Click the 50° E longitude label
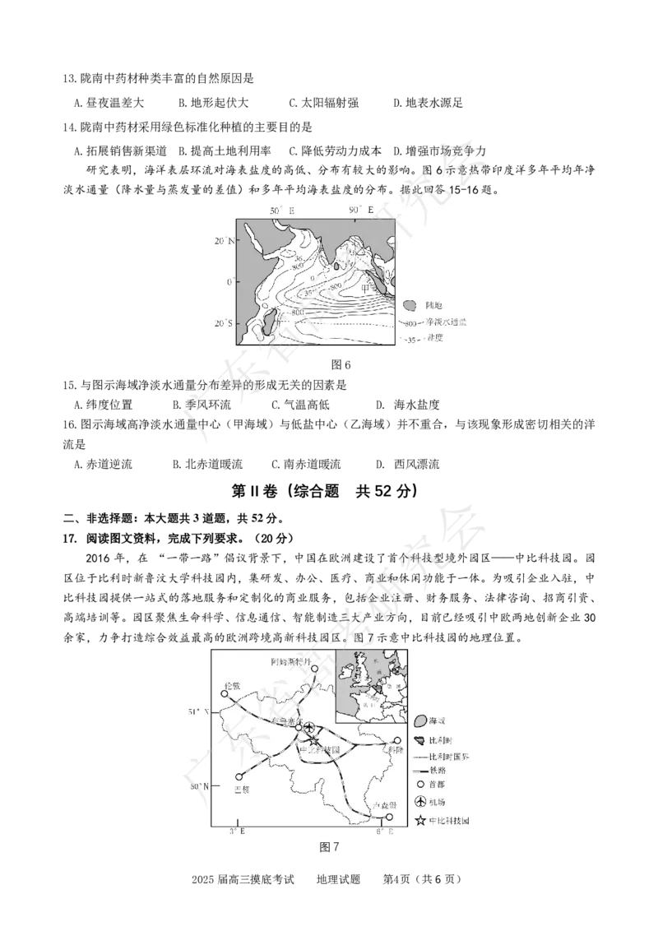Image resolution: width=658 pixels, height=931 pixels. click(282, 211)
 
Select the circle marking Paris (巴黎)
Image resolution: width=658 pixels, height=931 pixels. click(239, 776)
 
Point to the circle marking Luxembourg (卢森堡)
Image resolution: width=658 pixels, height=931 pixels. click(389, 817)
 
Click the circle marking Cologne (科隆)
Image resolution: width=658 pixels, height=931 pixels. click(397, 740)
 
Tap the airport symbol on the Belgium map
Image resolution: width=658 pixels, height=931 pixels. click(308, 728)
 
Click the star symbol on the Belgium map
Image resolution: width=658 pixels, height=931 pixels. click(313, 741)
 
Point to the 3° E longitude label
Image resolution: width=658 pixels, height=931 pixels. click(237, 832)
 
